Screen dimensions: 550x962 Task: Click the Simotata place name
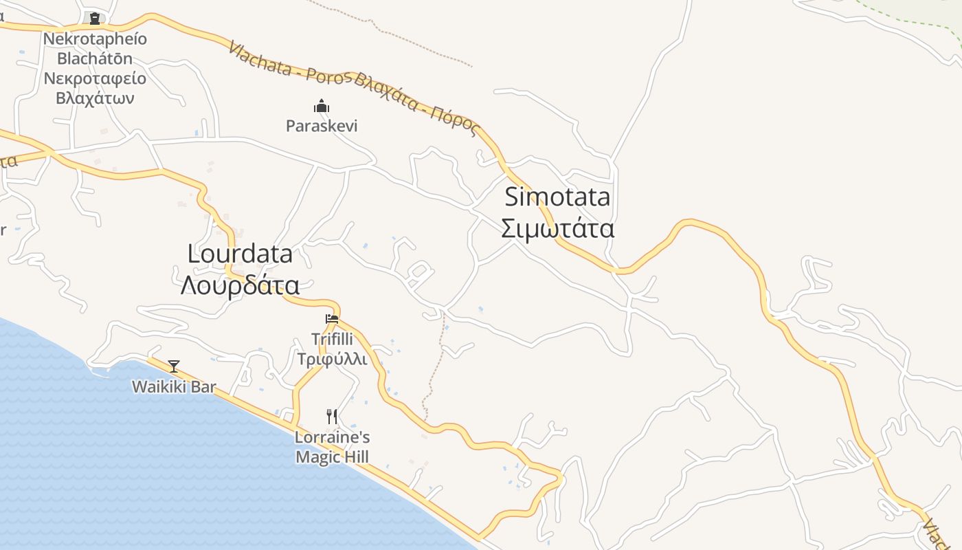[557, 197]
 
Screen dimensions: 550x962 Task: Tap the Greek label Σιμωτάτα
[557, 228]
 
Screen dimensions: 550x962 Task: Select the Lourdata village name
[240, 254]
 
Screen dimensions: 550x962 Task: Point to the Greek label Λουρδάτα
[240, 285]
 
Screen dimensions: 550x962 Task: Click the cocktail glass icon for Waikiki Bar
[174, 366]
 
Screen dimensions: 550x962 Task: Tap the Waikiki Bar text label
[174, 386]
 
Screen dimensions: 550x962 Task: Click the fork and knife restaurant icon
[332, 416]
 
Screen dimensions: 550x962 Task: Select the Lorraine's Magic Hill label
[333, 447]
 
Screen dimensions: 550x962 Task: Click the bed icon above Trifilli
[332, 318]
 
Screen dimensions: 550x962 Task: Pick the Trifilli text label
[333, 340]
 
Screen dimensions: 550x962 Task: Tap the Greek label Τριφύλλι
[333, 359]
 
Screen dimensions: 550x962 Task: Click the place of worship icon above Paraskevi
[322, 106]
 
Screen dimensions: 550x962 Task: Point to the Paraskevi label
[322, 126]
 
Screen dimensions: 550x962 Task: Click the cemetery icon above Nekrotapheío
[95, 19]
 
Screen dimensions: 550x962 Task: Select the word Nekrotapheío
[95, 38]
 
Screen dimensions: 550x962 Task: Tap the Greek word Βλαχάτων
[95, 98]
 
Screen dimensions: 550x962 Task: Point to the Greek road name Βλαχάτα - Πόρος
[416, 104]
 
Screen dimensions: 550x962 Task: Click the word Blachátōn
[95, 58]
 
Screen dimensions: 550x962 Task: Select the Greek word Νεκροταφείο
[95, 78]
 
